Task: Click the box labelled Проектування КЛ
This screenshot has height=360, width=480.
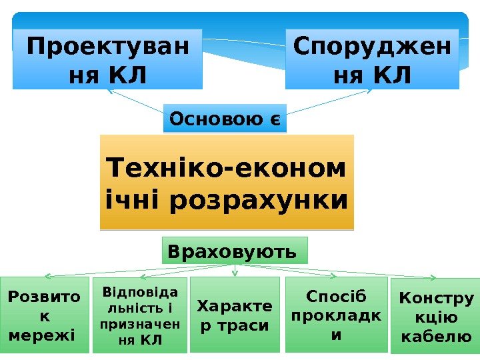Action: coord(107,59)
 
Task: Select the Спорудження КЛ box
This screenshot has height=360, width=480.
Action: coord(372,59)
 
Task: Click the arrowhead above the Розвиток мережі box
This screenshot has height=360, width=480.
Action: coord(47,275)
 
